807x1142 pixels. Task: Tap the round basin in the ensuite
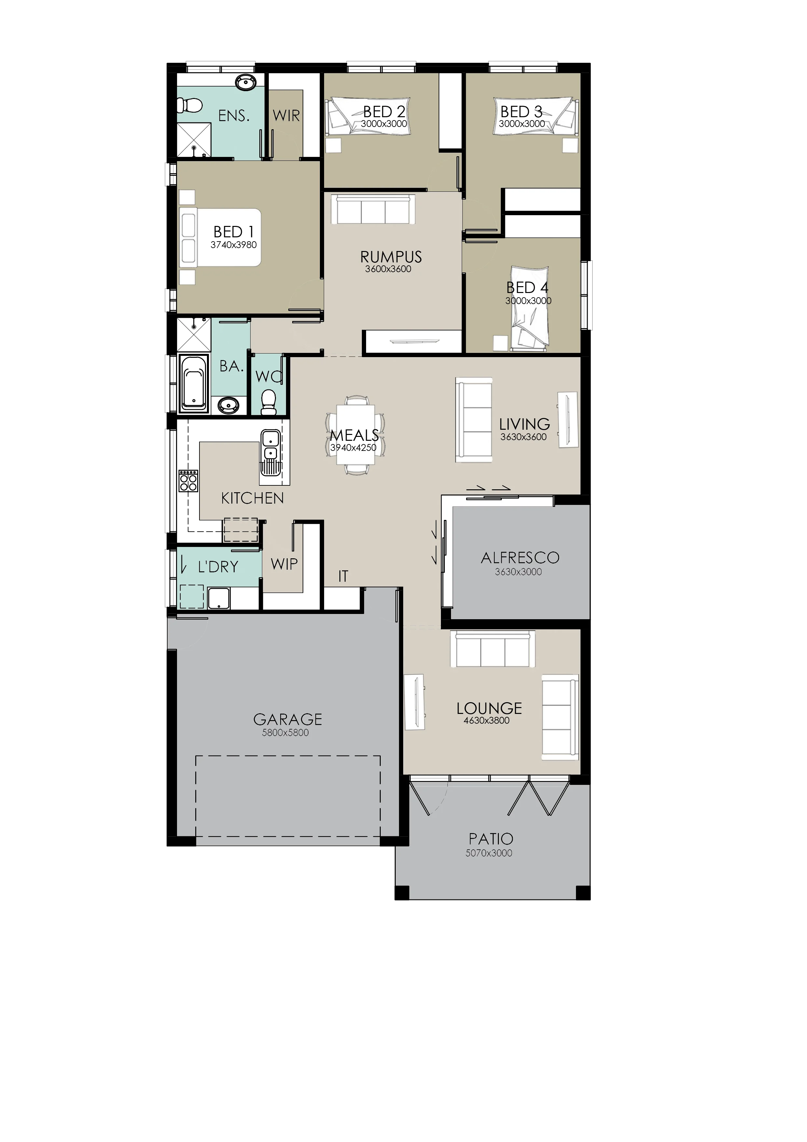coord(245,83)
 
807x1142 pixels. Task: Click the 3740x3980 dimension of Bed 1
coord(233,245)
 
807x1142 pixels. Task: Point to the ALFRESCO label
coord(520,558)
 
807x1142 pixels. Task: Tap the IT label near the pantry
coord(343,577)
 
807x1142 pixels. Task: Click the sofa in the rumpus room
coord(373,209)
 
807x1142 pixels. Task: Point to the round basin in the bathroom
coord(228,405)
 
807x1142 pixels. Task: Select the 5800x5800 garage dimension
coord(285,733)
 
